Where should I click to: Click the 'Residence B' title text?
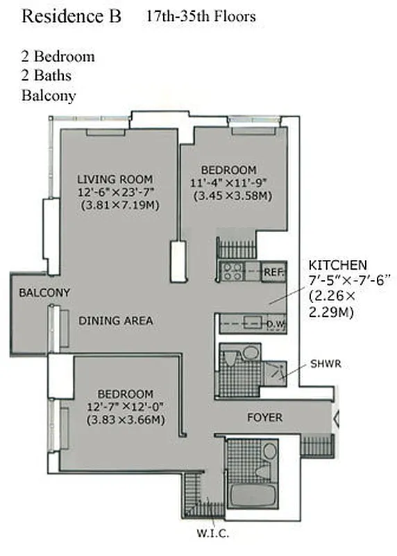click(x=71, y=17)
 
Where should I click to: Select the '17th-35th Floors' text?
click(x=201, y=16)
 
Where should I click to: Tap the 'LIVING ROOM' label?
click(x=115, y=179)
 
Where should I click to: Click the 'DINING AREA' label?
click(x=115, y=320)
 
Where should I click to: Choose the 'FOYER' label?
click(x=264, y=418)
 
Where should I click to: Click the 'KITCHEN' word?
click(x=338, y=265)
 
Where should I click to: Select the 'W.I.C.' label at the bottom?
click(x=212, y=534)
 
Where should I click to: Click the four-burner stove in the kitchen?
click(x=231, y=272)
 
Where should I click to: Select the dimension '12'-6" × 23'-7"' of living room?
click(x=115, y=192)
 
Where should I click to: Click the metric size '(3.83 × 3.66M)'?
click(x=125, y=420)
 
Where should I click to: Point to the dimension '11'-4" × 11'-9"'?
click(x=228, y=183)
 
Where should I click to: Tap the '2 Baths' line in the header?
click(x=47, y=76)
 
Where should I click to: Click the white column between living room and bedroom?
click(x=178, y=261)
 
